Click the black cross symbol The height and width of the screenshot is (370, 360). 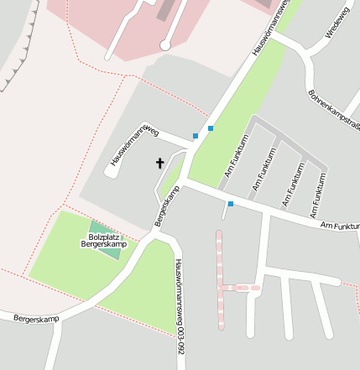pyautogui.click(x=159, y=163)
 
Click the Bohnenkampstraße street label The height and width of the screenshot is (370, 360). pyautogui.click(x=334, y=109)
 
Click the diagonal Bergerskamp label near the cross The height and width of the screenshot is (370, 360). pyautogui.click(x=168, y=206)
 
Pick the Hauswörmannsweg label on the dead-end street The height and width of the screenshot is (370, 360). pyautogui.click(x=135, y=143)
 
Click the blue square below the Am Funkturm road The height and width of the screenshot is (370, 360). pyautogui.click(x=230, y=204)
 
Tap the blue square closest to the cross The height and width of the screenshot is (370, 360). pyautogui.click(x=196, y=136)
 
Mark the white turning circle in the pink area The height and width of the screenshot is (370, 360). pyautogui.click(x=165, y=44)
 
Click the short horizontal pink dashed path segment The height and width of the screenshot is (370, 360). pyautogui.click(x=240, y=288)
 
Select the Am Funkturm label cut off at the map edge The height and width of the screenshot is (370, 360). pyautogui.click(x=340, y=226)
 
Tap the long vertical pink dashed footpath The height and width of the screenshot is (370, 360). pyautogui.click(x=220, y=277)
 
